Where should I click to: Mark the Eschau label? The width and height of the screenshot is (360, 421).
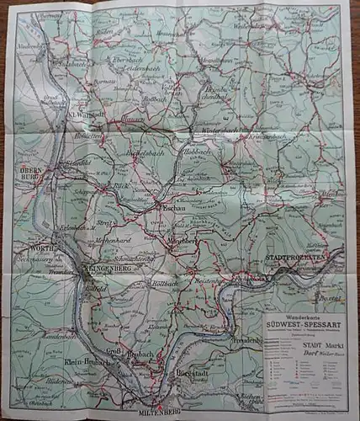coord(162,205)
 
